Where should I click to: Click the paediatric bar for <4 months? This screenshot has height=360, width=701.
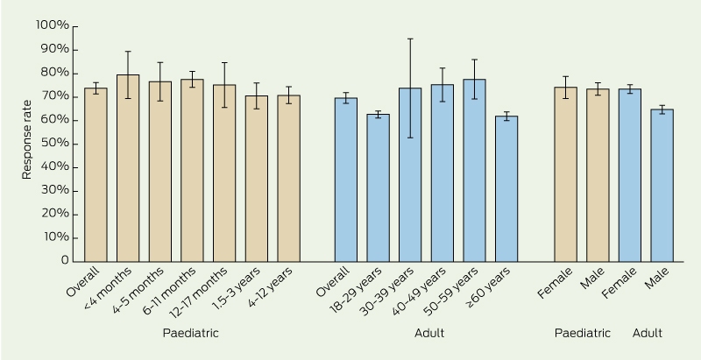pyautogui.click(x=128, y=168)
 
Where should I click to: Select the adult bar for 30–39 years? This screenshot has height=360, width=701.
pyautogui.click(x=410, y=174)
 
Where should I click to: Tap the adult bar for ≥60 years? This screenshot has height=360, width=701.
pyautogui.click(x=506, y=189)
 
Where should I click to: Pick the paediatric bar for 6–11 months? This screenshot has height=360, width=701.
pyautogui.click(x=192, y=170)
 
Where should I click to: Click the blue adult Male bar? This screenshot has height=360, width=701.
pyautogui.click(x=662, y=186)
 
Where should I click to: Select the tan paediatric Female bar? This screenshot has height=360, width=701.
pyautogui.click(x=565, y=174)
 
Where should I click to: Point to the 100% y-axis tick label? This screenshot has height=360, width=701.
pyautogui.click(x=53, y=25)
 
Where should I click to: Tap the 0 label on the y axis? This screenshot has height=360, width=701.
pyautogui.click(x=65, y=260)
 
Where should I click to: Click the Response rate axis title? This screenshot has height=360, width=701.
pyautogui.click(x=27, y=140)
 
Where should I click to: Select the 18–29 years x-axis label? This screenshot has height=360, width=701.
pyautogui.click(x=356, y=290)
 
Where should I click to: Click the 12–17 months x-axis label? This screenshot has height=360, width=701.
pyautogui.click(x=200, y=291)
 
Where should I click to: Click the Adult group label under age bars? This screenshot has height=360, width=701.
pyautogui.click(x=429, y=333)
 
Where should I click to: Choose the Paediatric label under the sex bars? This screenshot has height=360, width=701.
pyautogui.click(x=582, y=333)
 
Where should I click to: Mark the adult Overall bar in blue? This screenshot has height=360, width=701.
pyautogui.click(x=346, y=180)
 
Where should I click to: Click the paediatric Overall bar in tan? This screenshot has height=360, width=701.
pyautogui.click(x=96, y=174)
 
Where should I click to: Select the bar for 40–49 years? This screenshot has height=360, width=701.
pyautogui.click(x=443, y=173)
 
